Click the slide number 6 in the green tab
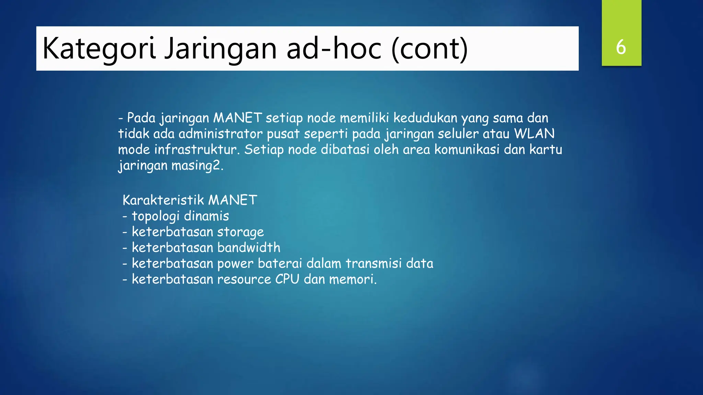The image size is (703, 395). point(621,47)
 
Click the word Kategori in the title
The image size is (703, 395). point(99,49)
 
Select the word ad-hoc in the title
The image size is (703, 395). point(334,49)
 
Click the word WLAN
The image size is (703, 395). point(534,134)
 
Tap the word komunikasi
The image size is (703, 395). point(467,149)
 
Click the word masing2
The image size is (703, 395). point(197,166)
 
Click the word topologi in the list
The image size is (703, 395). point(155,216)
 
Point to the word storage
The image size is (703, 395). point(240,232)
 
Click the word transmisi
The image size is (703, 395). point(373,263)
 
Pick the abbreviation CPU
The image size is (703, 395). point(287,279)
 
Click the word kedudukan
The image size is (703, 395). point(425,118)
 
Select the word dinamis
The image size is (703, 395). point(206,216)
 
